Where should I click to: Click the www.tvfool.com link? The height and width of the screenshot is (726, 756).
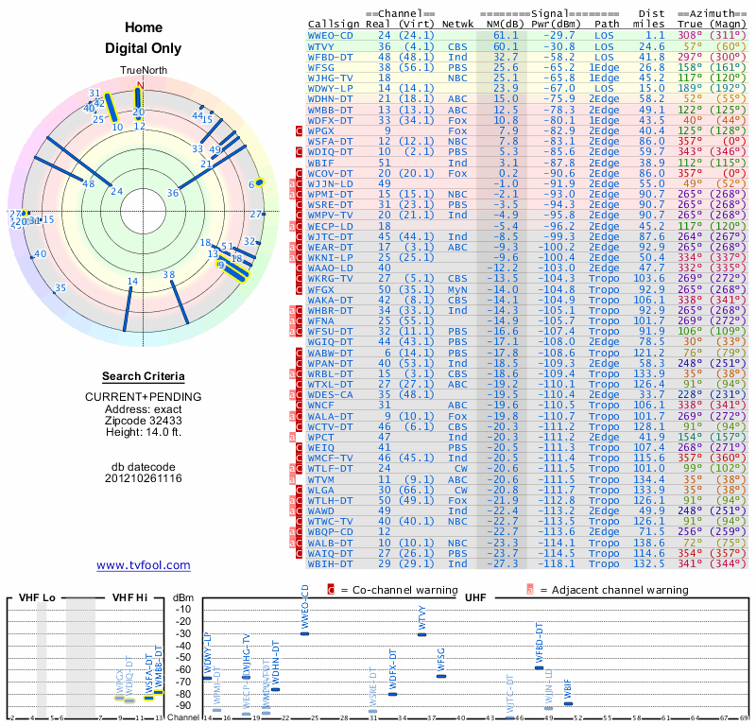[x=144, y=565]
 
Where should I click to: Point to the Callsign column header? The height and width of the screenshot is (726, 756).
[x=335, y=25]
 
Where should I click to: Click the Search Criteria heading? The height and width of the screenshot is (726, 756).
[x=144, y=376]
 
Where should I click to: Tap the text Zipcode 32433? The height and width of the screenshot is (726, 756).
[x=144, y=421]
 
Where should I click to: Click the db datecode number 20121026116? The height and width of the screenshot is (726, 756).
[x=144, y=478]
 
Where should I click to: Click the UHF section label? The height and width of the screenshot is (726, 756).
[x=475, y=598]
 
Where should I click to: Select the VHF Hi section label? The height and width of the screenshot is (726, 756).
[x=130, y=598]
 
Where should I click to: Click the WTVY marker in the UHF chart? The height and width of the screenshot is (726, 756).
[x=422, y=634]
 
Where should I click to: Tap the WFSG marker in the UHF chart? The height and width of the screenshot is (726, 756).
[x=441, y=676]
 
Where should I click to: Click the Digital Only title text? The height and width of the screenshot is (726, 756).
[x=144, y=48]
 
